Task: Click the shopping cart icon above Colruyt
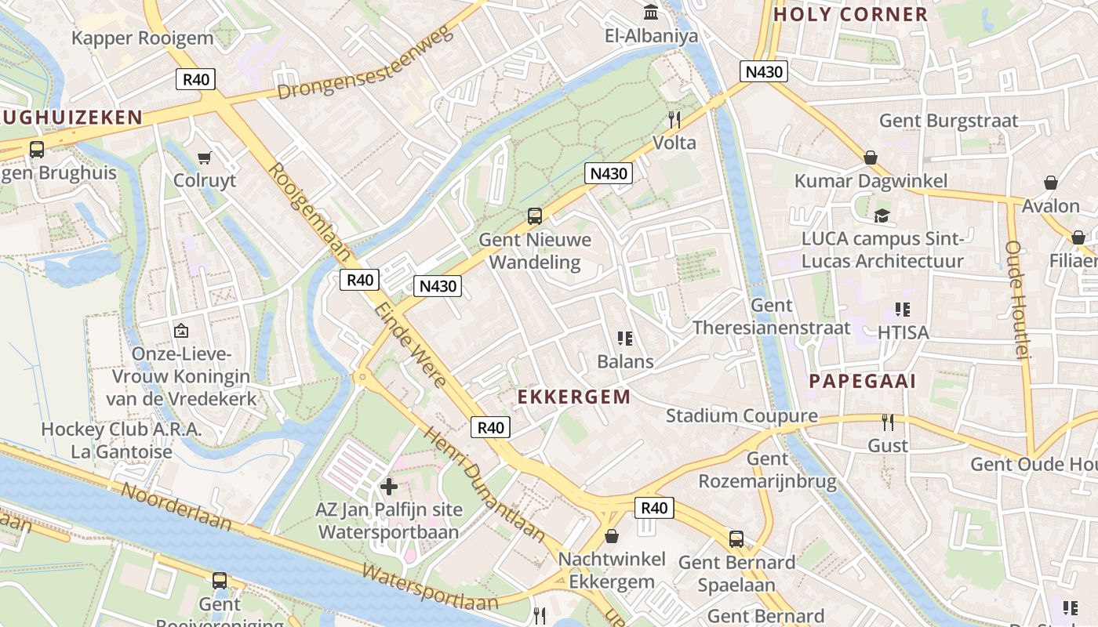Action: (205, 158)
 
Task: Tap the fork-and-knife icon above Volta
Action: (673, 119)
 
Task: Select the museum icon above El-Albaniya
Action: (651, 13)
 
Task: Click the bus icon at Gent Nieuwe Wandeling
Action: (535, 216)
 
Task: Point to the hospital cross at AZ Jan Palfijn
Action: (388, 487)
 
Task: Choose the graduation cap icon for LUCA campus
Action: (882, 216)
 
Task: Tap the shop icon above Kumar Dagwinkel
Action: (870, 158)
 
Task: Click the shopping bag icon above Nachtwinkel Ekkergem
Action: (612, 536)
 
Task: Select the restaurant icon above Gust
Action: (888, 422)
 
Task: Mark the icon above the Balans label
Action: (625, 339)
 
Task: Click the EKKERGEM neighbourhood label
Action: (574, 397)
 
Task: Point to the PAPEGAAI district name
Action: (862, 382)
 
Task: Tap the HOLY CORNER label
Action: (850, 14)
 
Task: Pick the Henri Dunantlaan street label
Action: (485, 484)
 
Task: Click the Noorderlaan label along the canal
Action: (177, 507)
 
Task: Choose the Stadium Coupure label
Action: (741, 416)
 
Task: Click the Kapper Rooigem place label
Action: (142, 38)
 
